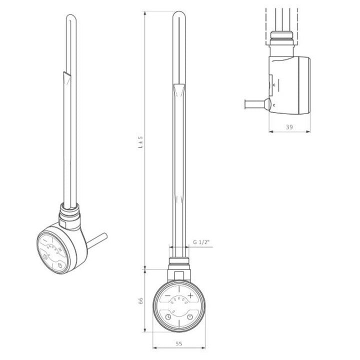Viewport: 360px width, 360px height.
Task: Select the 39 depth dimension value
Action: [289, 127]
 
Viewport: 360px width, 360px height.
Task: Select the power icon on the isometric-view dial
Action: [60, 261]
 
